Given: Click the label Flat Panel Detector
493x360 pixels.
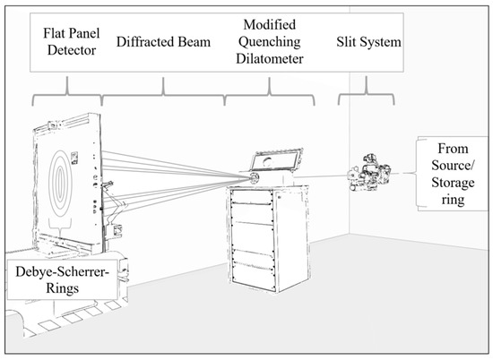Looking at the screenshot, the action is point(72,41).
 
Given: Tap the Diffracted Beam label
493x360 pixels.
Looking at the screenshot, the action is point(163,42).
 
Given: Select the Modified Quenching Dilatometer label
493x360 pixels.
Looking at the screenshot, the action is point(270,41).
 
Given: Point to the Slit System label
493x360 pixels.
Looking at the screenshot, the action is point(368,42).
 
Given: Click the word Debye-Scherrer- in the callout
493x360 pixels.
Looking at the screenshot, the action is point(62,271).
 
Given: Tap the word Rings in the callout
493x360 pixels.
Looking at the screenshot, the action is point(62,288).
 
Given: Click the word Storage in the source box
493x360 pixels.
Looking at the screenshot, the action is point(453,183).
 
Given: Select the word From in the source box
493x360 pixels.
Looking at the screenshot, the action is point(453,149).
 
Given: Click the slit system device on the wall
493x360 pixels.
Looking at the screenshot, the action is point(368,173).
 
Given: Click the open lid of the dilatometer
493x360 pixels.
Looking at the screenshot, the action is point(277,160).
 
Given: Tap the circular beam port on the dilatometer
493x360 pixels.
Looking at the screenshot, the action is point(254,178).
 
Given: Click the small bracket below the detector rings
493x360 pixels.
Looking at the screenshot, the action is point(60,227).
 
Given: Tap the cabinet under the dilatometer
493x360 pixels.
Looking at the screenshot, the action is point(269,238).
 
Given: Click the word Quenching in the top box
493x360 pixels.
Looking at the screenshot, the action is point(270,41).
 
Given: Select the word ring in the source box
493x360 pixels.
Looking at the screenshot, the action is point(453,200).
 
